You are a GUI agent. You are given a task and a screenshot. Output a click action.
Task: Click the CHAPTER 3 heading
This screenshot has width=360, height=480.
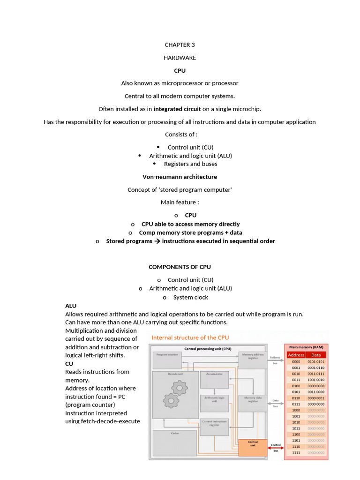click(x=180, y=45)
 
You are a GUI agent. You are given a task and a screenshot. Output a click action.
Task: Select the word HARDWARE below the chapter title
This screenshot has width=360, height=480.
click(x=180, y=58)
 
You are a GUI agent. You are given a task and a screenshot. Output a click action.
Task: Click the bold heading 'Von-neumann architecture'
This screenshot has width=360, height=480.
click(x=180, y=177)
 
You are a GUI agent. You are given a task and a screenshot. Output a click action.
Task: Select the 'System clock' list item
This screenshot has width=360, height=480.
click(x=190, y=297)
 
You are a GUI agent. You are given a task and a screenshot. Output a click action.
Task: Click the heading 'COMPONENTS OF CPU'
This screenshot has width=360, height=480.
click(x=180, y=267)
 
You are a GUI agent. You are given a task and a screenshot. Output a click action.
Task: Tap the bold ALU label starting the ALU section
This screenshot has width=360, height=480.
click(x=71, y=306)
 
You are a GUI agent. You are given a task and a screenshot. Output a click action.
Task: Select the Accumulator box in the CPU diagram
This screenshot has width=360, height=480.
click(x=214, y=379)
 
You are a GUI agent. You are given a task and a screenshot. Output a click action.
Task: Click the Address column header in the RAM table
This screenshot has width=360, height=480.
click(x=296, y=355)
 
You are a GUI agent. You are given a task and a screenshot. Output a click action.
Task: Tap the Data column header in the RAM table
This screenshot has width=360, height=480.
click(x=316, y=355)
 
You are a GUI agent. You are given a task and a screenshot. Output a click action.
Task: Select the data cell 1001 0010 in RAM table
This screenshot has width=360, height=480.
click(x=316, y=380)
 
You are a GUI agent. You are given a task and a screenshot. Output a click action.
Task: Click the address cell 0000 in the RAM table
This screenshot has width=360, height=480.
click(x=296, y=361)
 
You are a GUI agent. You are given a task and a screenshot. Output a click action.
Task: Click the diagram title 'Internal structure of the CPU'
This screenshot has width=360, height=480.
click(x=190, y=337)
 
